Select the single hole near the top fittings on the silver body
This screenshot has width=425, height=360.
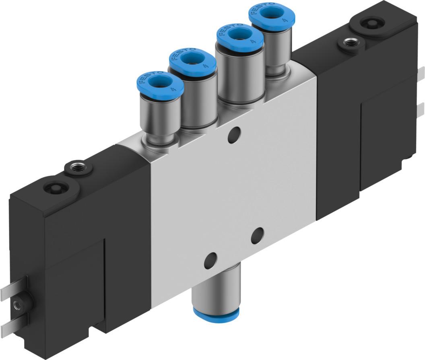pos(233,135)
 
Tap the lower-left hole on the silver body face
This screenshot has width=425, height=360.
pos(210,261)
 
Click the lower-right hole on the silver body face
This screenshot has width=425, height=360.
pos(257,235)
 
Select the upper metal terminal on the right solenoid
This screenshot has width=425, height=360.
pos(421,74)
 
